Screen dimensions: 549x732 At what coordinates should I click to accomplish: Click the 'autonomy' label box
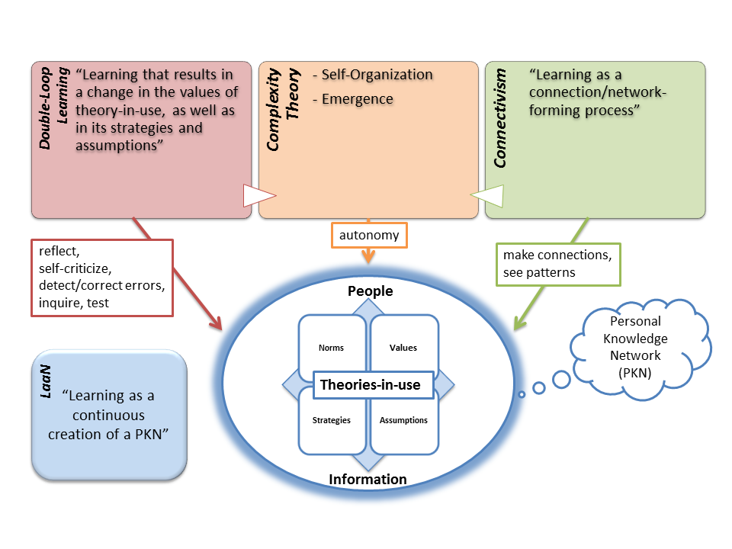369,235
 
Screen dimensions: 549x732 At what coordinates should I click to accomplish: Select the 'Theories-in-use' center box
370,385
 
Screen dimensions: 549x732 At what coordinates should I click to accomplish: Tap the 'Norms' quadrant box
331,348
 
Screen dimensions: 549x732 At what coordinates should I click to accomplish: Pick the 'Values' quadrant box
403,348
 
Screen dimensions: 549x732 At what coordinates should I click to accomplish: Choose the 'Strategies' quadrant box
331,420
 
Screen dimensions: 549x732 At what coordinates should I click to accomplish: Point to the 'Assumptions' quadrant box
403,420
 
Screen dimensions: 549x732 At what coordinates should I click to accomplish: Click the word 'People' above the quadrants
370,291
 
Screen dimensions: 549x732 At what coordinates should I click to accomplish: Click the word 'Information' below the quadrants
368,479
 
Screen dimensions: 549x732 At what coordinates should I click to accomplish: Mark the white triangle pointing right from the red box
252,196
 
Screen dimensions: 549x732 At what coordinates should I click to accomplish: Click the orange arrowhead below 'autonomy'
369,258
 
